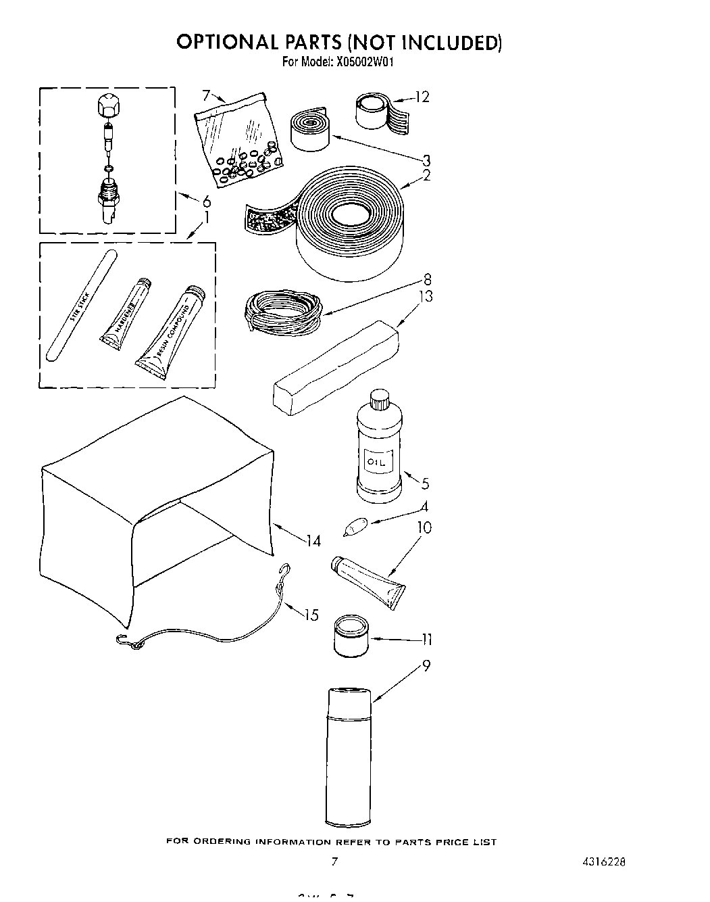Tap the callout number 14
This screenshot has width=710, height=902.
pyautogui.click(x=313, y=541)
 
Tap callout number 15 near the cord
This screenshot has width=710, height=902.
pyautogui.click(x=311, y=615)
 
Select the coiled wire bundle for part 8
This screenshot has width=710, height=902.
pyautogui.click(x=280, y=311)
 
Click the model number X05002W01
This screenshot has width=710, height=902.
pyautogui.click(x=361, y=62)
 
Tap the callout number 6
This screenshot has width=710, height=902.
pyautogui.click(x=206, y=201)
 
